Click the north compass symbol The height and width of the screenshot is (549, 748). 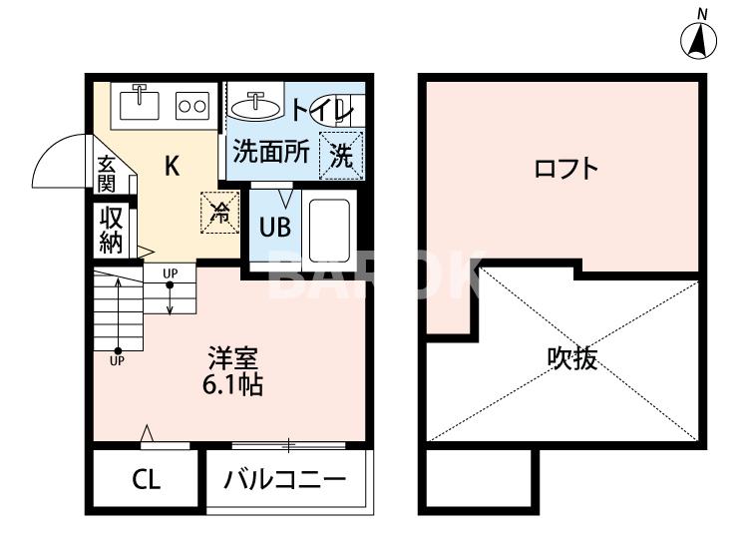[700, 40]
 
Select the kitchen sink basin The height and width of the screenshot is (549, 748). [140, 102]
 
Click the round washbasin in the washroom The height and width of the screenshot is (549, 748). [258, 103]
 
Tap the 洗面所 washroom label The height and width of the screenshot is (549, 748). [271, 153]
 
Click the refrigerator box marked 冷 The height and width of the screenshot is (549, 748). [220, 210]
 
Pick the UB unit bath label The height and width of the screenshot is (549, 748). [275, 227]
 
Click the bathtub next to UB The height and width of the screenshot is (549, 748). [328, 229]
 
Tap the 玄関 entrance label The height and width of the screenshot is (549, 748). [107, 174]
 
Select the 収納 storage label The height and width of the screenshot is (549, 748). [110, 230]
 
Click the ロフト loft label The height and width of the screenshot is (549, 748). [565, 167]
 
